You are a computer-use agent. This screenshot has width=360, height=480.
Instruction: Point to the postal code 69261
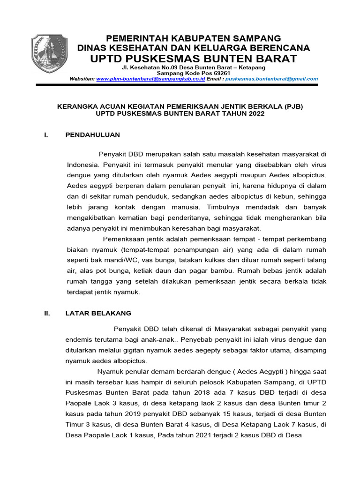(220, 74)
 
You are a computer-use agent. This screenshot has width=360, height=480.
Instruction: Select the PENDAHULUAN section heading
(93, 135)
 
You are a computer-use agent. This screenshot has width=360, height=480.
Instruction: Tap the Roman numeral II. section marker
(47, 313)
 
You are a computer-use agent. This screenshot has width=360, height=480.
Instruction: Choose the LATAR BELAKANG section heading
(98, 313)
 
